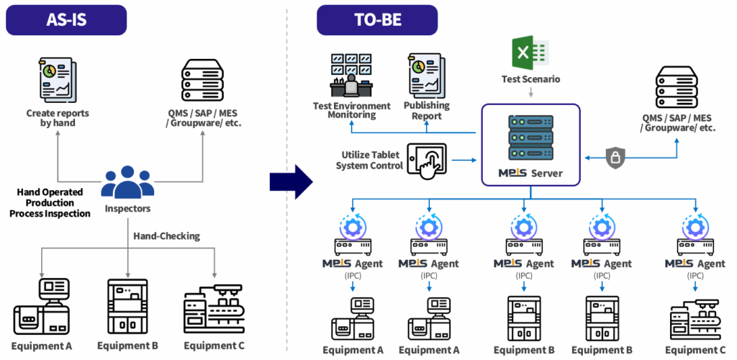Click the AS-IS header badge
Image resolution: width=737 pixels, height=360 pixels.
pyautogui.click(x=65, y=20)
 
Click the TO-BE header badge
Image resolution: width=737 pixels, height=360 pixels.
pyautogui.click(x=377, y=20)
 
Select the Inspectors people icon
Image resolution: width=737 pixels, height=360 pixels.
pyautogui.click(x=127, y=182)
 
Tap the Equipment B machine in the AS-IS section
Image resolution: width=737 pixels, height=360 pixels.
pyautogui.click(x=128, y=306)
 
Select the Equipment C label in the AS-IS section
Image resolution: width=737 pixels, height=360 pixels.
pyautogui.click(x=214, y=345)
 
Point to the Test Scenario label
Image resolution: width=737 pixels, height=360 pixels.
pyautogui.click(x=530, y=78)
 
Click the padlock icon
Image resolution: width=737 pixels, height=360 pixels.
pyautogui.click(x=613, y=158)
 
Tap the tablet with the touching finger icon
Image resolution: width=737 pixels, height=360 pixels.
pyautogui.click(x=427, y=159)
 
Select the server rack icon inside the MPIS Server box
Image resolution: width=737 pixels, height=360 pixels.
pyautogui.click(x=530, y=138)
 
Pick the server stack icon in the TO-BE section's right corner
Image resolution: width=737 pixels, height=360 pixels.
pyautogui.click(x=677, y=88)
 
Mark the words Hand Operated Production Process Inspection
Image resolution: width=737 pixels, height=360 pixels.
pyautogui.click(x=50, y=203)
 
